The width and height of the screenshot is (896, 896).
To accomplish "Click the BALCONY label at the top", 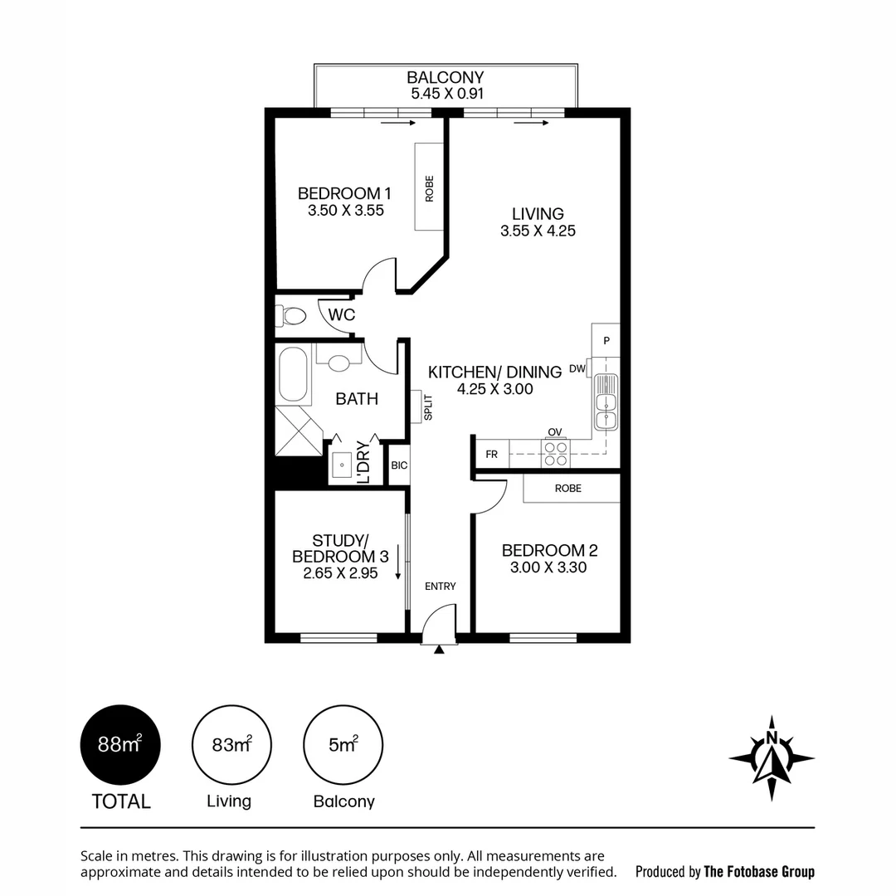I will (445, 78).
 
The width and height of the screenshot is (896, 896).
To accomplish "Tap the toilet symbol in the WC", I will (291, 316).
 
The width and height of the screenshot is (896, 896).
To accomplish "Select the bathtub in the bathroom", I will (294, 375).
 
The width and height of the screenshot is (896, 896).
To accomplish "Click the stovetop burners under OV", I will (554, 453).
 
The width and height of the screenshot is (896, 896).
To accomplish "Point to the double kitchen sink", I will (606, 402).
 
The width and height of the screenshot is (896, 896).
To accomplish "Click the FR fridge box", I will (491, 455).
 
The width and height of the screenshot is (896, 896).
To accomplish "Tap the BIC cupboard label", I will (399, 465).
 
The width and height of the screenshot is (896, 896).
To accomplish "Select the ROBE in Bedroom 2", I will (570, 489).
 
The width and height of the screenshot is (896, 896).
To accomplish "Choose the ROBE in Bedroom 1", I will (429, 187).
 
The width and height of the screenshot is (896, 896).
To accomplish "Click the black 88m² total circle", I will (120, 744).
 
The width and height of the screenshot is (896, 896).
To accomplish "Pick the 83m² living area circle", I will (231, 744).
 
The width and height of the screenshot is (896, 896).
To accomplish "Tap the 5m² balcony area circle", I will (343, 744).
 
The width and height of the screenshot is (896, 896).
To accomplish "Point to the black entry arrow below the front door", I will (439, 650).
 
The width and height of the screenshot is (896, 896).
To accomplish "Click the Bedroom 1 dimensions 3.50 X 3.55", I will (345, 211).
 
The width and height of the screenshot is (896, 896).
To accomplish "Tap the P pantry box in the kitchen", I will (606, 340).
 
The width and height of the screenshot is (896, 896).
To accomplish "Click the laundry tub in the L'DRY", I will (342, 465).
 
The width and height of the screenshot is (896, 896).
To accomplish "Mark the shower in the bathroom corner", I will (298, 431).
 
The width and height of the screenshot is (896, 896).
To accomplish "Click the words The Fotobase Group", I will (758, 871).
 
